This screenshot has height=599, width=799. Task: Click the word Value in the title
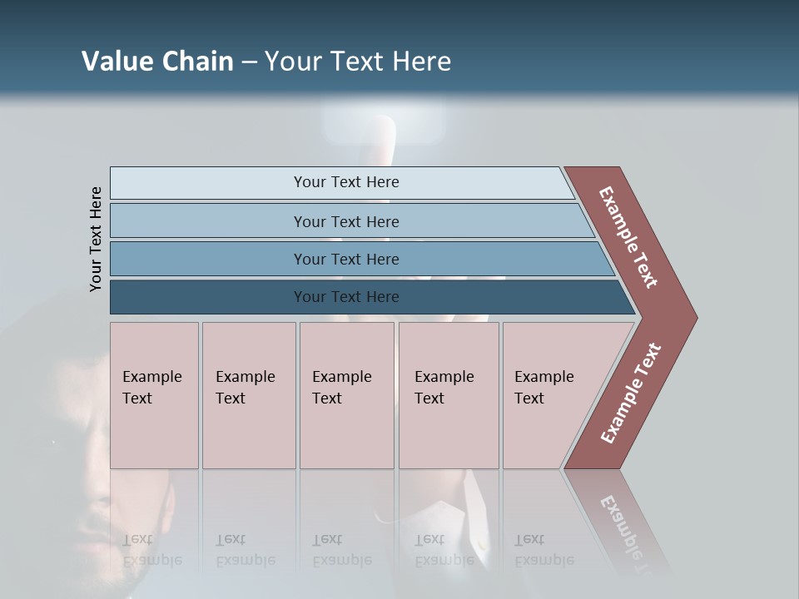[x=115, y=62]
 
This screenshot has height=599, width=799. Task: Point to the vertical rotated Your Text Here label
[x=96, y=239]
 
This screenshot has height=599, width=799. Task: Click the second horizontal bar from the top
[x=345, y=221]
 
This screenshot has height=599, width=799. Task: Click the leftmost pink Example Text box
[x=154, y=395]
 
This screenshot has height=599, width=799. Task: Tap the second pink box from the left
[x=249, y=395]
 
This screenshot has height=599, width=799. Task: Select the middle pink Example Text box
[x=346, y=395]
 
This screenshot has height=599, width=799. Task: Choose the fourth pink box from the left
[x=449, y=395]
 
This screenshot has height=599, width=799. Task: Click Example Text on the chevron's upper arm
[x=628, y=237]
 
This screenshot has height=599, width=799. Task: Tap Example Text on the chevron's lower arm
[x=631, y=393]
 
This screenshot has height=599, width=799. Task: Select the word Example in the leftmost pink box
[x=151, y=377]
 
